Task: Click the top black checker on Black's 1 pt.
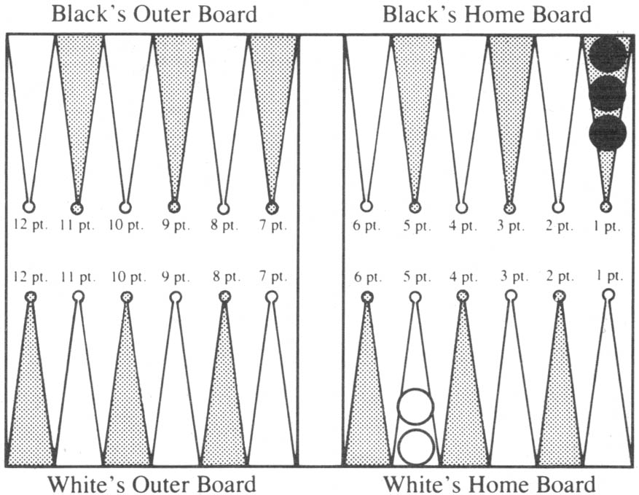(x=607, y=53)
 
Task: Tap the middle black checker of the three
(x=607, y=93)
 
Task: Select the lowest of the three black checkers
(x=607, y=133)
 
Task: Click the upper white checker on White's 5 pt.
(x=415, y=407)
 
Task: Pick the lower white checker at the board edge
(x=415, y=447)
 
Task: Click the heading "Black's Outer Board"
(x=154, y=15)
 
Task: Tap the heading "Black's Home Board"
(x=487, y=15)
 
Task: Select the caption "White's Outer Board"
(x=152, y=484)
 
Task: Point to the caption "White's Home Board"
(x=489, y=484)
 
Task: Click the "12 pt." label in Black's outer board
(x=31, y=225)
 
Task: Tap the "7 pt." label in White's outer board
(x=273, y=277)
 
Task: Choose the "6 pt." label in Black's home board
(x=366, y=225)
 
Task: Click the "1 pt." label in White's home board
(x=610, y=276)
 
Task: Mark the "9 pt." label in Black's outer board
(x=176, y=225)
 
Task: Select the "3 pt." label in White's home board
(x=514, y=276)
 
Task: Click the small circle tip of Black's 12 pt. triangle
(x=28, y=207)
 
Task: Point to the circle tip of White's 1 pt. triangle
(x=608, y=295)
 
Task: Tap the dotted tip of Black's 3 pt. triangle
(x=509, y=208)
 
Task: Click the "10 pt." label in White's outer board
(x=128, y=277)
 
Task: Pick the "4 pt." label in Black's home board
(x=463, y=225)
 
